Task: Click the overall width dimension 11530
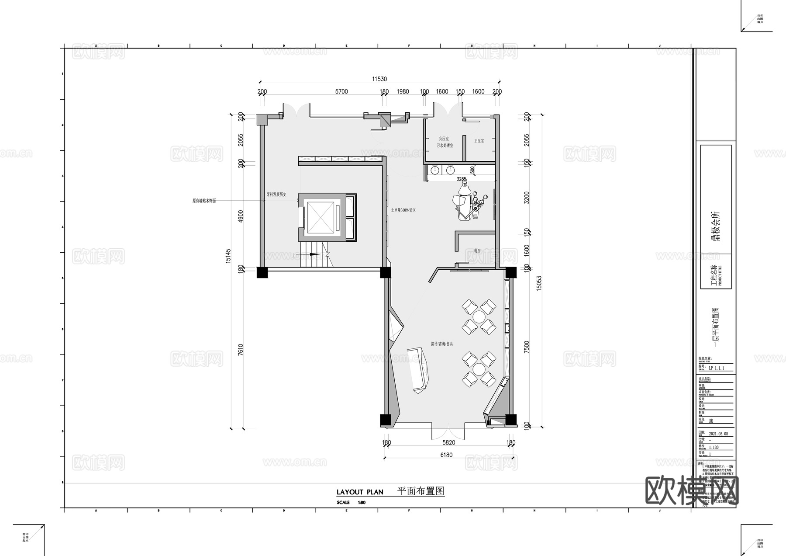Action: (379, 79)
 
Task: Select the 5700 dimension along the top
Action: (341, 91)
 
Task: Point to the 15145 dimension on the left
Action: (228, 256)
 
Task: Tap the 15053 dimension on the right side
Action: (539, 283)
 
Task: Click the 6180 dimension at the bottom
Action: (446, 455)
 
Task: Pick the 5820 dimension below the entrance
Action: (448, 443)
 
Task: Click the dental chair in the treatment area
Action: (463, 202)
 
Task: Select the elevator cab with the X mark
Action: (320, 217)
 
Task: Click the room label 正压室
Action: (479, 141)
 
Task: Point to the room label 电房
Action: (477, 251)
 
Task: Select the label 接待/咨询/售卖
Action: (441, 344)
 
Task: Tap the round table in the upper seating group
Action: (479, 316)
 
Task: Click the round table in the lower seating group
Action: (479, 368)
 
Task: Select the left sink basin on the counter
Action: (435, 170)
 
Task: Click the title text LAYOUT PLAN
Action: (360, 492)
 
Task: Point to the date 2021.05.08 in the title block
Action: (718, 434)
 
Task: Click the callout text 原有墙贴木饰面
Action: (204, 201)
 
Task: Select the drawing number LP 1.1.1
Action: (716, 368)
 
